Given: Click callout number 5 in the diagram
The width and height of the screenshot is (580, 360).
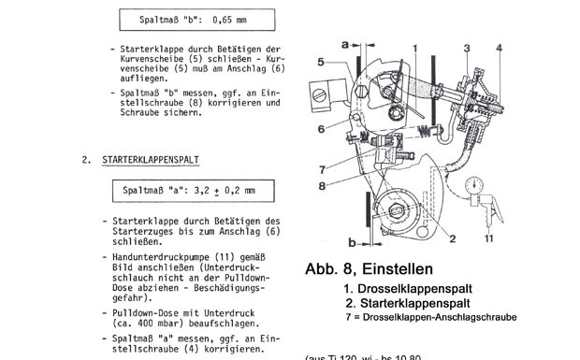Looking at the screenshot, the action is [321, 62].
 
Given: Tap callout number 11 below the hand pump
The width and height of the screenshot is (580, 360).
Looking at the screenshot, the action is [489, 238].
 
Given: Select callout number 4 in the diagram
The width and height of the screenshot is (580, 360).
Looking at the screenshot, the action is [499, 48].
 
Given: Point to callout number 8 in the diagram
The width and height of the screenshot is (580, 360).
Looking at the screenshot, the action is [322, 186].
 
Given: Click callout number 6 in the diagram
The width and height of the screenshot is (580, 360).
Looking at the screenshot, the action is [321, 129].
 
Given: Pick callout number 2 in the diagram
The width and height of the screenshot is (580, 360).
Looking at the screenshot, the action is [453, 238].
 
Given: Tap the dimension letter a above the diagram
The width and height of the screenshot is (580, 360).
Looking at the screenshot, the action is [345, 45].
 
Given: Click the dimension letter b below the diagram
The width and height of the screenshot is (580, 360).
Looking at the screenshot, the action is [352, 242].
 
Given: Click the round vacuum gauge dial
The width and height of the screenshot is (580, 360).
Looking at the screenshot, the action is [474, 185].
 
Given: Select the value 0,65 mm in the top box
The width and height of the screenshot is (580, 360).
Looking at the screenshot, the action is [229, 20].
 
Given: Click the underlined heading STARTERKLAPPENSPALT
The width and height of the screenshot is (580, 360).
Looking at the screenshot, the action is [151, 160].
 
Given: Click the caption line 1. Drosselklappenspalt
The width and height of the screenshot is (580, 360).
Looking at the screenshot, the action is [408, 289].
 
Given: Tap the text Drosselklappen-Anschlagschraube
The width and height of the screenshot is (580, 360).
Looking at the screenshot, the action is [440, 317].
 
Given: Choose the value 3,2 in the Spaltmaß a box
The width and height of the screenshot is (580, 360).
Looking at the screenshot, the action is [201, 191].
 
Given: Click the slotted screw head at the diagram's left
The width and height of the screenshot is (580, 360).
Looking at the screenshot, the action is [319, 95].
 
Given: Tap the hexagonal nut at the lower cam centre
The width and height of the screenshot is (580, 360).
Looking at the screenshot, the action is [397, 211].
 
